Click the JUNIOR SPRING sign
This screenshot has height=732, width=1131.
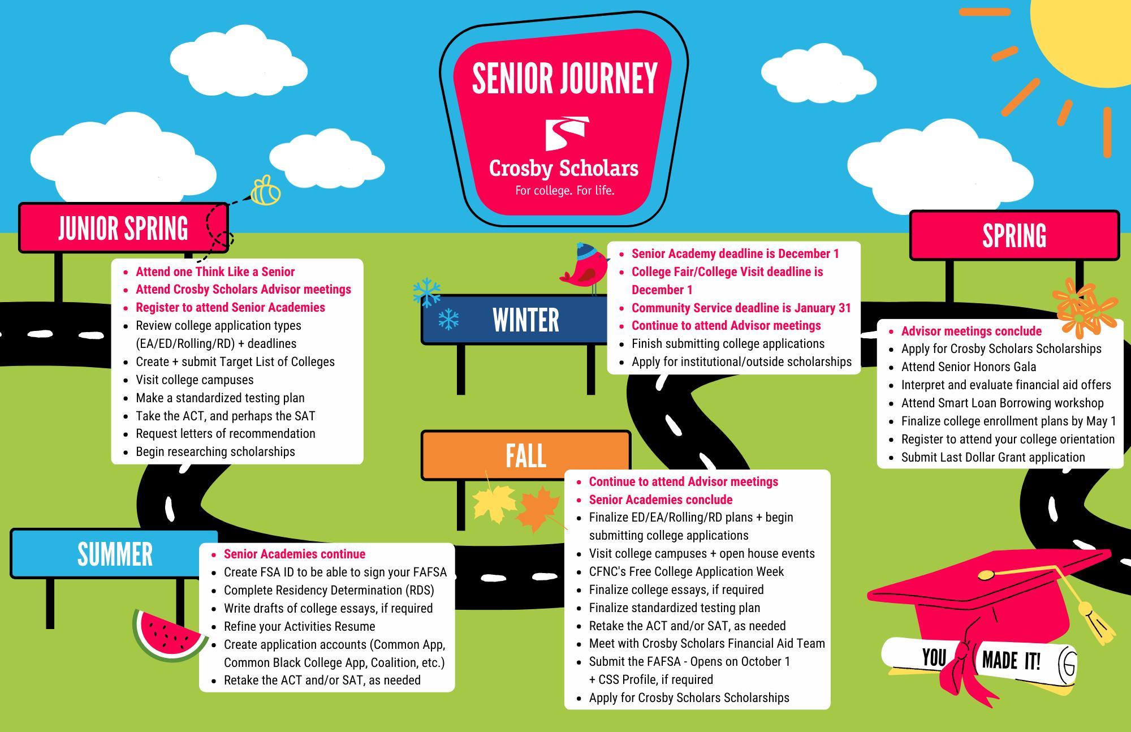pos(123,228)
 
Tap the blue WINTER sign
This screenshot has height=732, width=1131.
pos(525,320)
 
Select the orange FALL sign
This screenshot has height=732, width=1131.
pos(525,455)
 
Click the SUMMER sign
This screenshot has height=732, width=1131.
pos(115,554)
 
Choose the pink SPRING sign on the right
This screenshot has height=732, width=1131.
pos(1014,235)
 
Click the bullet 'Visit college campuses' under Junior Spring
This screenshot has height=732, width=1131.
pos(195,380)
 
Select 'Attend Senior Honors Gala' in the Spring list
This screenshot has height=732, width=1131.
pos(968,367)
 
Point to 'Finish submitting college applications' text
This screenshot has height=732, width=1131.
pos(728,344)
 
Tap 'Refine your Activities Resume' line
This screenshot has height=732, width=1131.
pos(299,626)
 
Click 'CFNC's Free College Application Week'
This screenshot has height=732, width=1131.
pos(686,571)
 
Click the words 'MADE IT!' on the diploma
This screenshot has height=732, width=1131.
pos(1011,660)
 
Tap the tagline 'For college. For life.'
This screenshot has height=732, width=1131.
pos(564,191)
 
